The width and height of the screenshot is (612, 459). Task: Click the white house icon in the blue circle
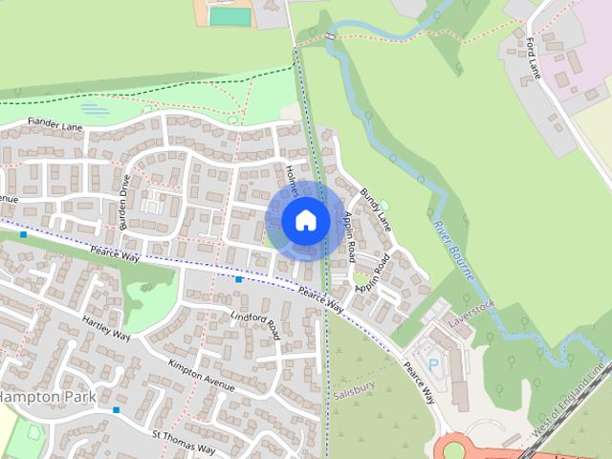click(305, 221)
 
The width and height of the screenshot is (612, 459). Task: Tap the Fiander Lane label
click(56, 124)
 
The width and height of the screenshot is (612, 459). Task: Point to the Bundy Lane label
click(376, 209)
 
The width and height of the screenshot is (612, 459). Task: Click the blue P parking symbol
click(434, 364)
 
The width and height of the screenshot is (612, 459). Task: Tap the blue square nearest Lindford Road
click(238, 279)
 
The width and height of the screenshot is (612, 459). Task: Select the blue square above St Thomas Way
click(117, 410)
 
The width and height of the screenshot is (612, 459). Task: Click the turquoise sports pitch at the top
click(227, 16)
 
